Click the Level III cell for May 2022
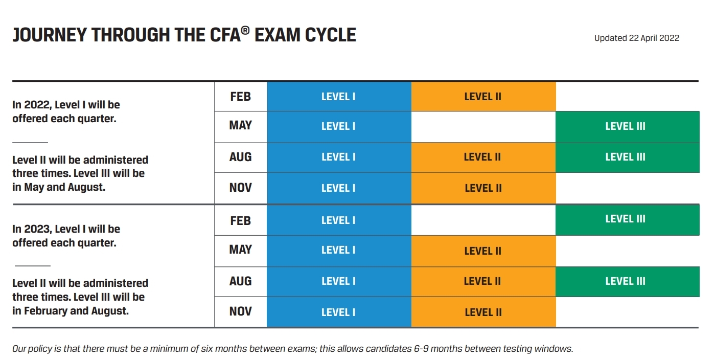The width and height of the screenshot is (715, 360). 627,127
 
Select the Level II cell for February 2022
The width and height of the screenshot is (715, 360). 483,96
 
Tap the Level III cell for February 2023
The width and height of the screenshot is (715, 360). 627,219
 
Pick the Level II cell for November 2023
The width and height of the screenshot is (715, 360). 483,312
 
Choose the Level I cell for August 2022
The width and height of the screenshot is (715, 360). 338,157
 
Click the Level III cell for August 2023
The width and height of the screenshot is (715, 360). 627,281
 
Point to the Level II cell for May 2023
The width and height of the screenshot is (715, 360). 483,251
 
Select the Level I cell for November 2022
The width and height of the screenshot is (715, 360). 338,188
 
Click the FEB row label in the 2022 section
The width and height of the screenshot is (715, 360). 240,96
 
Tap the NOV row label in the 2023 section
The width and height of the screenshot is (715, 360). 240,311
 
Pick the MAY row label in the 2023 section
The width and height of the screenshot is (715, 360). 240,250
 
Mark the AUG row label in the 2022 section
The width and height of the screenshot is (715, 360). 240,156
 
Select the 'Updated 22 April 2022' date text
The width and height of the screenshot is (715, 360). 636,38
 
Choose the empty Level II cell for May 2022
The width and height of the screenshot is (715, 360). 483,127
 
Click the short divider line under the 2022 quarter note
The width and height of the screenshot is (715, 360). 30,143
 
